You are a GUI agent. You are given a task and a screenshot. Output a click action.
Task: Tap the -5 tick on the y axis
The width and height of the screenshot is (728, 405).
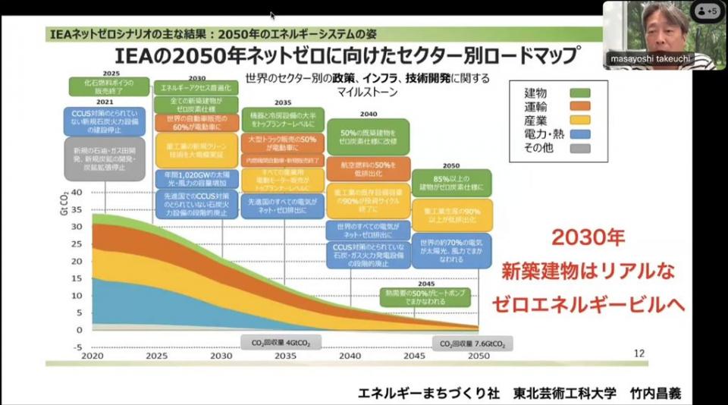pos(77,347)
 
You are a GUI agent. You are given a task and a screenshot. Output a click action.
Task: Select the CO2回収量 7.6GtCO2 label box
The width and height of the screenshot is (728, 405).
pos(472,344)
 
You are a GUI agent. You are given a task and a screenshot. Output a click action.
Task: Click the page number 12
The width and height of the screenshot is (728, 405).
pos(639,352)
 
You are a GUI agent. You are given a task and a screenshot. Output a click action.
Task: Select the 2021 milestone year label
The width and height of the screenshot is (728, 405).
pos(105,102)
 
